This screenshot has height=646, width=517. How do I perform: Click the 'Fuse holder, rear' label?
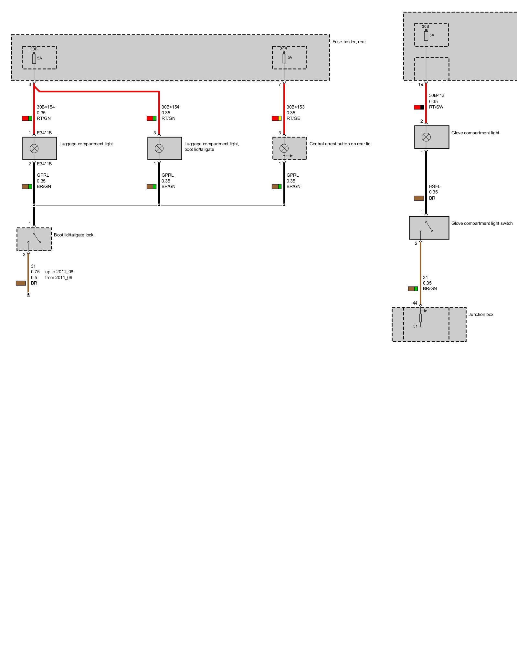point(349,42)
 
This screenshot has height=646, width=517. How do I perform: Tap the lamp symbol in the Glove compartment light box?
point(426,137)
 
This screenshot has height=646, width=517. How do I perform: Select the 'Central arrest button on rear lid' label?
point(340,144)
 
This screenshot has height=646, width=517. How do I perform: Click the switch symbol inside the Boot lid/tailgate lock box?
point(34,238)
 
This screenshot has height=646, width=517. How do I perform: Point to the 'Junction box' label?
point(481,314)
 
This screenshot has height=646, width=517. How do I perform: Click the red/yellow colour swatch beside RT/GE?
point(277,118)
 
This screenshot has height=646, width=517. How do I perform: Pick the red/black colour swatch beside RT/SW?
point(419,107)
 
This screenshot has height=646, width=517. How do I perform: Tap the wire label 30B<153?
point(295,107)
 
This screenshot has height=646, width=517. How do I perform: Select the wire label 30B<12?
point(437,95)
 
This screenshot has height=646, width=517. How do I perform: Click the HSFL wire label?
point(435,186)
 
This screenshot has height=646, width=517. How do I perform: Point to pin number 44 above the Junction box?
point(415,303)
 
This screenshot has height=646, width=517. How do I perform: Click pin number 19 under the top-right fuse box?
point(420,84)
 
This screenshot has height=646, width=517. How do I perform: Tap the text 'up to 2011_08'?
point(59,272)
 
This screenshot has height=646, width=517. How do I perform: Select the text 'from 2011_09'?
point(59,277)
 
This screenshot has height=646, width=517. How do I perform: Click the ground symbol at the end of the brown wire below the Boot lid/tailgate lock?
point(28,295)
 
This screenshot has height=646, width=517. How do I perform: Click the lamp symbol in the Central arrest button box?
point(284,148)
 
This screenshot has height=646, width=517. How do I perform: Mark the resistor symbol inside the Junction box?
point(420,318)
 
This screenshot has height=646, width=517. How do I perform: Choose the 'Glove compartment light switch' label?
point(482,223)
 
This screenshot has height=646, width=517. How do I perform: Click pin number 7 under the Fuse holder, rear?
point(280,84)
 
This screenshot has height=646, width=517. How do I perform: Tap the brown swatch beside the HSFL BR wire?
point(419,198)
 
